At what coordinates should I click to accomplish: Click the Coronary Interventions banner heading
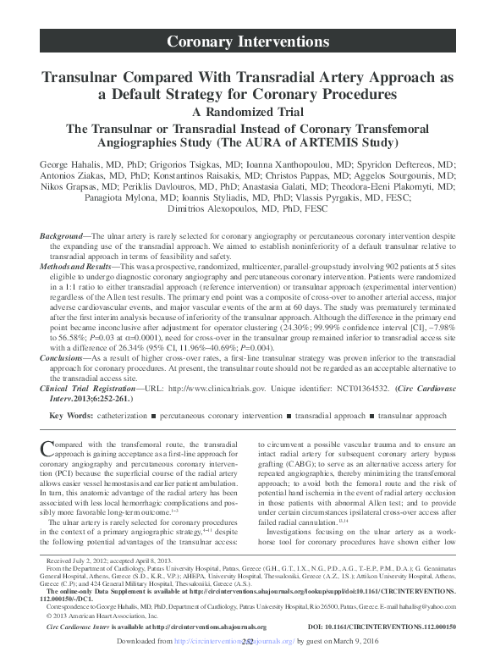(x=247, y=41)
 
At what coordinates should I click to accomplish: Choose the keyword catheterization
(x=127, y=416)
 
